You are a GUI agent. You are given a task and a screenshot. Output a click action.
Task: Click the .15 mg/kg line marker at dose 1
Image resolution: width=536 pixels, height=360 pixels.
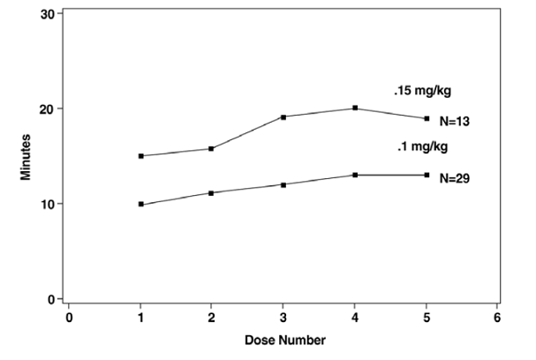140,156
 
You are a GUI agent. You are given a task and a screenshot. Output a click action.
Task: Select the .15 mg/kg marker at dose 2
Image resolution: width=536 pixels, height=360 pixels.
212,148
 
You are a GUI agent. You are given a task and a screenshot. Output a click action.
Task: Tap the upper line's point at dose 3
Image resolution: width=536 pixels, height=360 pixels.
283,116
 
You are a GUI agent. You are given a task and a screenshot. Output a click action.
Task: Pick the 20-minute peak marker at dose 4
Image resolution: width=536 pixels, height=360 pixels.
355,108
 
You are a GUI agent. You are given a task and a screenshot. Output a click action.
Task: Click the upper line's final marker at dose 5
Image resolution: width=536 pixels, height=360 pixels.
427,118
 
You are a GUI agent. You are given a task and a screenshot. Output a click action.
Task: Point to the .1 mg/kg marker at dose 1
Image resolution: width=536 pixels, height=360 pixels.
140,204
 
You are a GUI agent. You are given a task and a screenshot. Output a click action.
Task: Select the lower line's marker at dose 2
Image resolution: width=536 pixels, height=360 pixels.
212,192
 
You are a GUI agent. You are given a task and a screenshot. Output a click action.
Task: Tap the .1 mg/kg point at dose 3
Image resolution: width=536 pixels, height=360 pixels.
283,184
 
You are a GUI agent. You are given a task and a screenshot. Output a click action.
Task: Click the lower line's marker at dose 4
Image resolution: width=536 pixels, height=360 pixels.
355,175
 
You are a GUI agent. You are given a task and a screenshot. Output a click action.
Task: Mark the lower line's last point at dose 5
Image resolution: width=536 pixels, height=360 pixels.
427,175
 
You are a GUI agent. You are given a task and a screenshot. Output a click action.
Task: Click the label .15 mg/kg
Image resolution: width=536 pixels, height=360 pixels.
417,90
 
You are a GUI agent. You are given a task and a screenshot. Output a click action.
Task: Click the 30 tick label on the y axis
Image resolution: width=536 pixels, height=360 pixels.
49,14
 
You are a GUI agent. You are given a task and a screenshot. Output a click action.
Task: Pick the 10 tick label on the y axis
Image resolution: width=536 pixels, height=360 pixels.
49,204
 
